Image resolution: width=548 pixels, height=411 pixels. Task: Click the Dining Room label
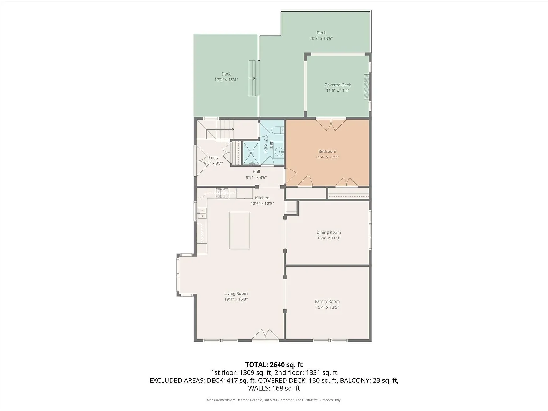329,232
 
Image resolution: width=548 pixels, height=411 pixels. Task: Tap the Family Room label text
327,301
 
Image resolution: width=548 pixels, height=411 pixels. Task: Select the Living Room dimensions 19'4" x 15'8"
236,299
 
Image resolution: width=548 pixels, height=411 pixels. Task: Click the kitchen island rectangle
239,230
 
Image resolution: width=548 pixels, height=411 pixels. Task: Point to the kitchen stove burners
222,193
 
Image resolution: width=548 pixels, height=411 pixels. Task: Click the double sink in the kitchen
202,213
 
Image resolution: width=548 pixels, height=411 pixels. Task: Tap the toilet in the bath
277,131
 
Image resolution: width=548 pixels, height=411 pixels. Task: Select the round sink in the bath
279,152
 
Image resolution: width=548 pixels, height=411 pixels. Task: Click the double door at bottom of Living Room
264,335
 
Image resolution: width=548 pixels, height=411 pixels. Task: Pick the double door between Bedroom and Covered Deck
331,125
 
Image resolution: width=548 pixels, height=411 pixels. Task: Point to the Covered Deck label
338,85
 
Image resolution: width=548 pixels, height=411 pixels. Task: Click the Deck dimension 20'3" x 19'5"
321,39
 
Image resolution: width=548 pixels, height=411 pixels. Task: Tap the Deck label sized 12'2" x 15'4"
226,74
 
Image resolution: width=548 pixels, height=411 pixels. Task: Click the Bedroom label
327,152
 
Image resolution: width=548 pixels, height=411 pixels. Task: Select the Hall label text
256,172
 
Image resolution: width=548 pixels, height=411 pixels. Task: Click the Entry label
213,158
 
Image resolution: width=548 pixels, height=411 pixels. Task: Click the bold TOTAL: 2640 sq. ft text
274,365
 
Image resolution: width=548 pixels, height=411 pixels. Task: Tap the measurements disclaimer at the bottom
274,400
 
